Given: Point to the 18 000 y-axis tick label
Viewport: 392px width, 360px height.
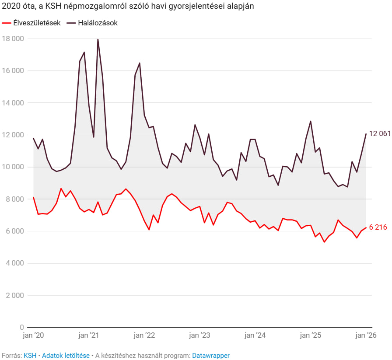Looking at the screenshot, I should tap(13, 39).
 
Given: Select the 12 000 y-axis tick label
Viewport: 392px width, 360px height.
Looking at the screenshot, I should tap(13, 135).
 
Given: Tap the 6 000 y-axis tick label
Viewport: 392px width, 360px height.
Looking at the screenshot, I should tap(15, 231).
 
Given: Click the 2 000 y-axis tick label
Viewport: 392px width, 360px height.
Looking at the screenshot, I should tap(15, 295).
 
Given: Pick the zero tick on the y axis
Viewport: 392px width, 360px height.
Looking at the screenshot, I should tap(21, 327).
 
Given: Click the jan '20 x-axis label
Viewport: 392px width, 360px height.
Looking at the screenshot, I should tap(33, 336).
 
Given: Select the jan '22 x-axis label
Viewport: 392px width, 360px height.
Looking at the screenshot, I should tap(144, 336).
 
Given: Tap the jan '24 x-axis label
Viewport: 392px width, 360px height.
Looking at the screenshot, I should tap(255, 336).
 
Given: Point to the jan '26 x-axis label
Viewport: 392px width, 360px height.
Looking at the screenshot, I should tap(365, 336).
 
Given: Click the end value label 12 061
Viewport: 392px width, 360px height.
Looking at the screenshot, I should tap(379, 134).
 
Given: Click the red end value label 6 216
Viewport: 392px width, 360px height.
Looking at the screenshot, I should tap(378, 227).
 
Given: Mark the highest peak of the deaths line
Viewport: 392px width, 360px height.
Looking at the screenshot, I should tap(98, 39).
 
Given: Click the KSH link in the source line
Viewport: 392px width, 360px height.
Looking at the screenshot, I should tap(30, 356).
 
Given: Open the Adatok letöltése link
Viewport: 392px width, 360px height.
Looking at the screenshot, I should tap(66, 356).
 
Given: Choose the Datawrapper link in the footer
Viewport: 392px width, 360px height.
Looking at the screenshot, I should tap(210, 356).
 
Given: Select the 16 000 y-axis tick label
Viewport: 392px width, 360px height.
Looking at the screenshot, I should tap(13, 71).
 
